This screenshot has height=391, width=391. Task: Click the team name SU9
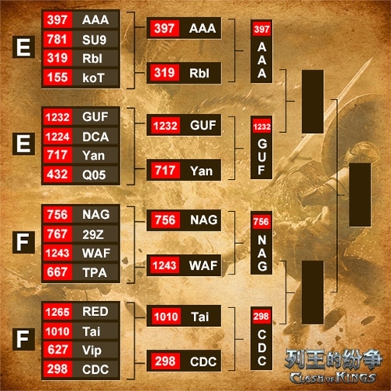pyautogui.click(x=94, y=40)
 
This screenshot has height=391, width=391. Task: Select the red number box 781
pyautogui.click(x=58, y=39)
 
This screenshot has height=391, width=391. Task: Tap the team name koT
pyautogui.click(x=93, y=78)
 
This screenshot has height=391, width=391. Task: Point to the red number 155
pyautogui.click(x=58, y=77)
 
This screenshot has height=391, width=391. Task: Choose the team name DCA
pyautogui.click(x=95, y=137)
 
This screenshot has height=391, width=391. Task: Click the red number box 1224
pyautogui.click(x=58, y=137)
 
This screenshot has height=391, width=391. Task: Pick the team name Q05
pyautogui.click(x=94, y=174)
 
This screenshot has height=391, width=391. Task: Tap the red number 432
pyautogui.click(x=58, y=174)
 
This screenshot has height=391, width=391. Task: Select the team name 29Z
pyautogui.click(x=93, y=235)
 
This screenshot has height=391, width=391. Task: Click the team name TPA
pyautogui.click(x=95, y=273)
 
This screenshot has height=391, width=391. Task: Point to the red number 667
pyautogui.click(x=58, y=272)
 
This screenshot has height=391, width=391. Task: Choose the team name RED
pyautogui.click(x=95, y=311)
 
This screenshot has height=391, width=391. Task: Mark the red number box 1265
pyautogui.click(x=58, y=312)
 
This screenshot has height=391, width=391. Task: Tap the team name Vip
pyautogui.click(x=91, y=350)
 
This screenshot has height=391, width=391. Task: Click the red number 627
pyautogui.click(x=58, y=350)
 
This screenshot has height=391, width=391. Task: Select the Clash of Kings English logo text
pyautogui.click(x=333, y=378)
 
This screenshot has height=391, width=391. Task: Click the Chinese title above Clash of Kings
pyautogui.click(x=334, y=359)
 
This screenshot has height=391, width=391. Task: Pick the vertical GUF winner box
pyautogui.click(x=261, y=148)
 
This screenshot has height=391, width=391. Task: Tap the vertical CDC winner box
pyautogui.click(x=261, y=339)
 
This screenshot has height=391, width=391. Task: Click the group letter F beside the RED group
pyautogui.click(x=23, y=339)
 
